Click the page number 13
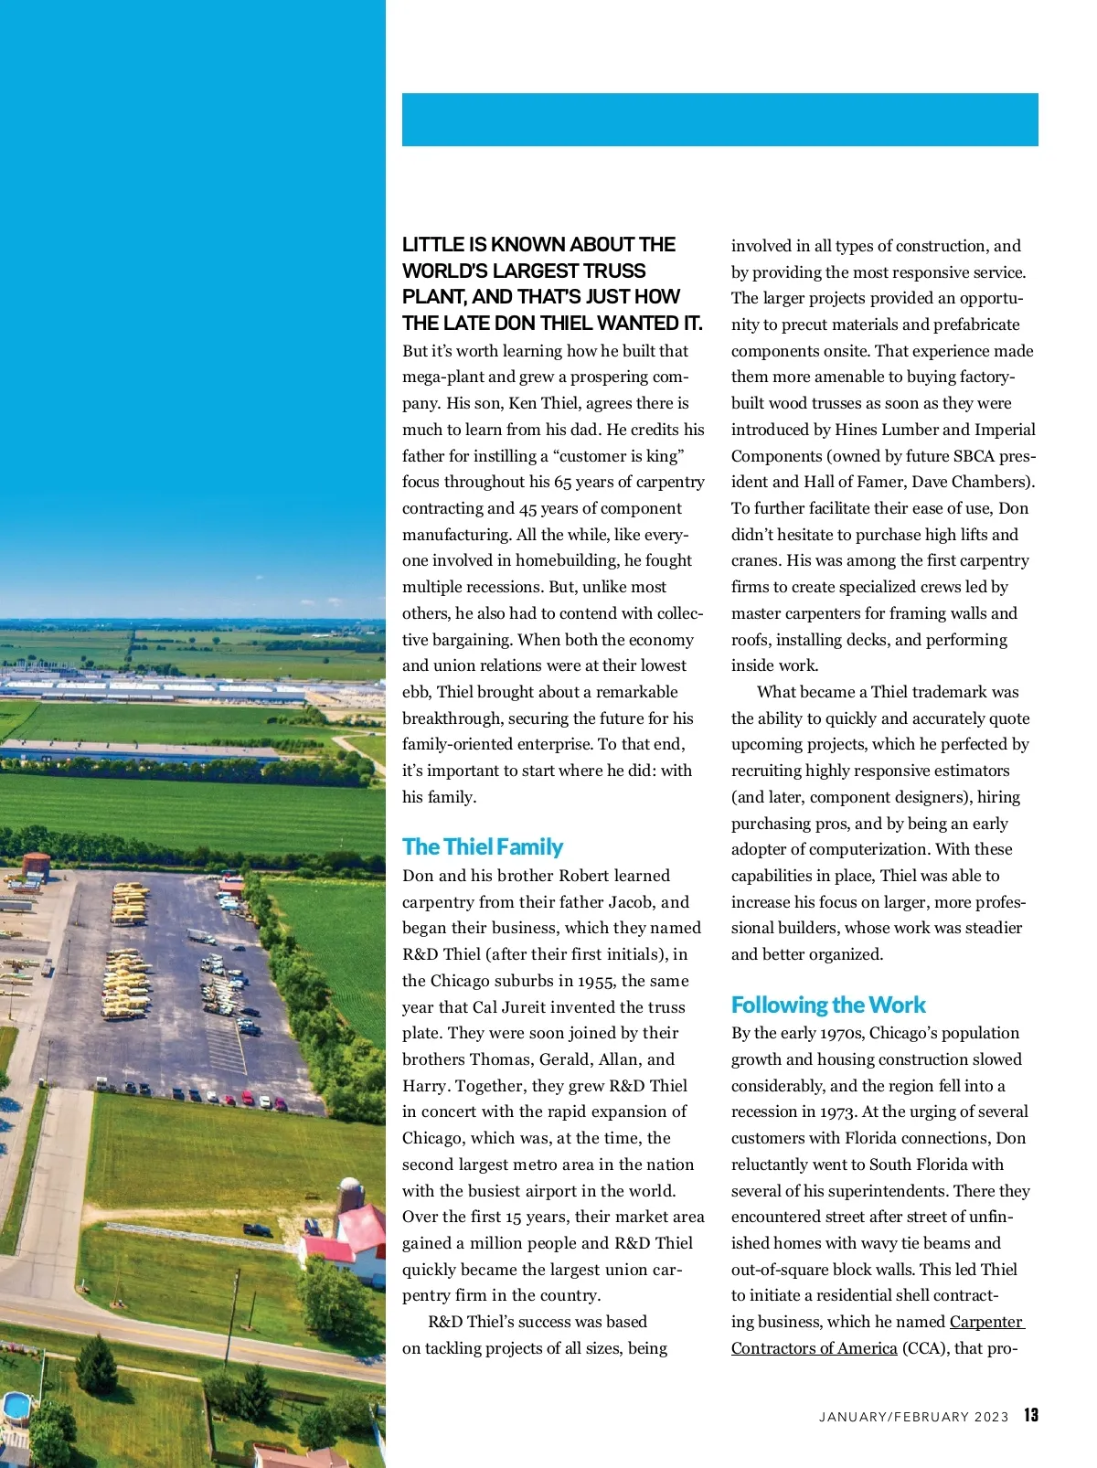[x=1030, y=1415]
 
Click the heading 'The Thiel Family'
[x=482, y=846]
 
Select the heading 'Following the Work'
[x=827, y=1005]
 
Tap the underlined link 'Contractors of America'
[x=814, y=1348]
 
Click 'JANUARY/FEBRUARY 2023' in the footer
[x=913, y=1417]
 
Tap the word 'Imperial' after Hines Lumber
[x=1005, y=430]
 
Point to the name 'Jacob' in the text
[x=629, y=902]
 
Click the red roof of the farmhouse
[x=362, y=1225]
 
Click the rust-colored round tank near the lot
[x=37, y=864]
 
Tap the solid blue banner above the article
[x=719, y=120]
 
